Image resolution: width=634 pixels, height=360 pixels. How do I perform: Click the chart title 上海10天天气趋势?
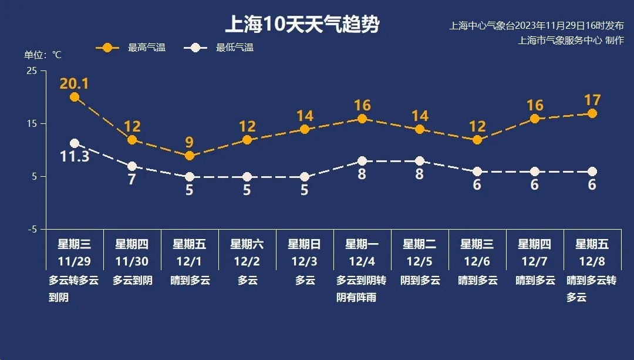pyautogui.click(x=302, y=25)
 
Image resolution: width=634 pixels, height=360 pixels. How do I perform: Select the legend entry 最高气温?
pyautogui.click(x=146, y=48)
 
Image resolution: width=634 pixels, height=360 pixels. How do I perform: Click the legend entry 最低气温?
pyautogui.click(x=234, y=48)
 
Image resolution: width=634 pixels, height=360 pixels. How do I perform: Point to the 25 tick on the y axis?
pyautogui.click(x=32, y=70)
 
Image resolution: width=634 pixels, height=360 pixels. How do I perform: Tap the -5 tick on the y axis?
pyautogui.click(x=32, y=229)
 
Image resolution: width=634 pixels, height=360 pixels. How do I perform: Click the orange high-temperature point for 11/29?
pyautogui.click(x=75, y=97)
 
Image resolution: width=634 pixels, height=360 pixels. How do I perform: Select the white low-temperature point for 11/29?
pyautogui.click(x=75, y=143)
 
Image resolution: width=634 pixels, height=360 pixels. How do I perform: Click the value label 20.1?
pyautogui.click(x=74, y=83)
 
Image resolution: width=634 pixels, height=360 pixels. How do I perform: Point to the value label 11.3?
pyautogui.click(x=75, y=157)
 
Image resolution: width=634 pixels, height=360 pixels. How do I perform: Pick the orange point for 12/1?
pyautogui.click(x=190, y=156)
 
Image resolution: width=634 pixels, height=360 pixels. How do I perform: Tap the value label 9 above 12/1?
pyautogui.click(x=190, y=142)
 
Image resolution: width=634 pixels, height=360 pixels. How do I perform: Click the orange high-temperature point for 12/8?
pyautogui.click(x=592, y=113)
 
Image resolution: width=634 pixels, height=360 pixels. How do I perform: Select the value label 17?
pyautogui.click(x=592, y=100)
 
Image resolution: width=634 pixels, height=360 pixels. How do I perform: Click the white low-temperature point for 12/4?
pyautogui.click(x=362, y=161)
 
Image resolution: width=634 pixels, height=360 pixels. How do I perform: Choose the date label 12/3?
pyautogui.click(x=304, y=261)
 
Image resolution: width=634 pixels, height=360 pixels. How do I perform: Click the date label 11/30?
pyautogui.click(x=132, y=261)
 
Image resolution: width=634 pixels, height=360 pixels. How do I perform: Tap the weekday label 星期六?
pyautogui.click(x=247, y=244)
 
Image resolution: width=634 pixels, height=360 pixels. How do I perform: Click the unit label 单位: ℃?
pyautogui.click(x=42, y=55)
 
